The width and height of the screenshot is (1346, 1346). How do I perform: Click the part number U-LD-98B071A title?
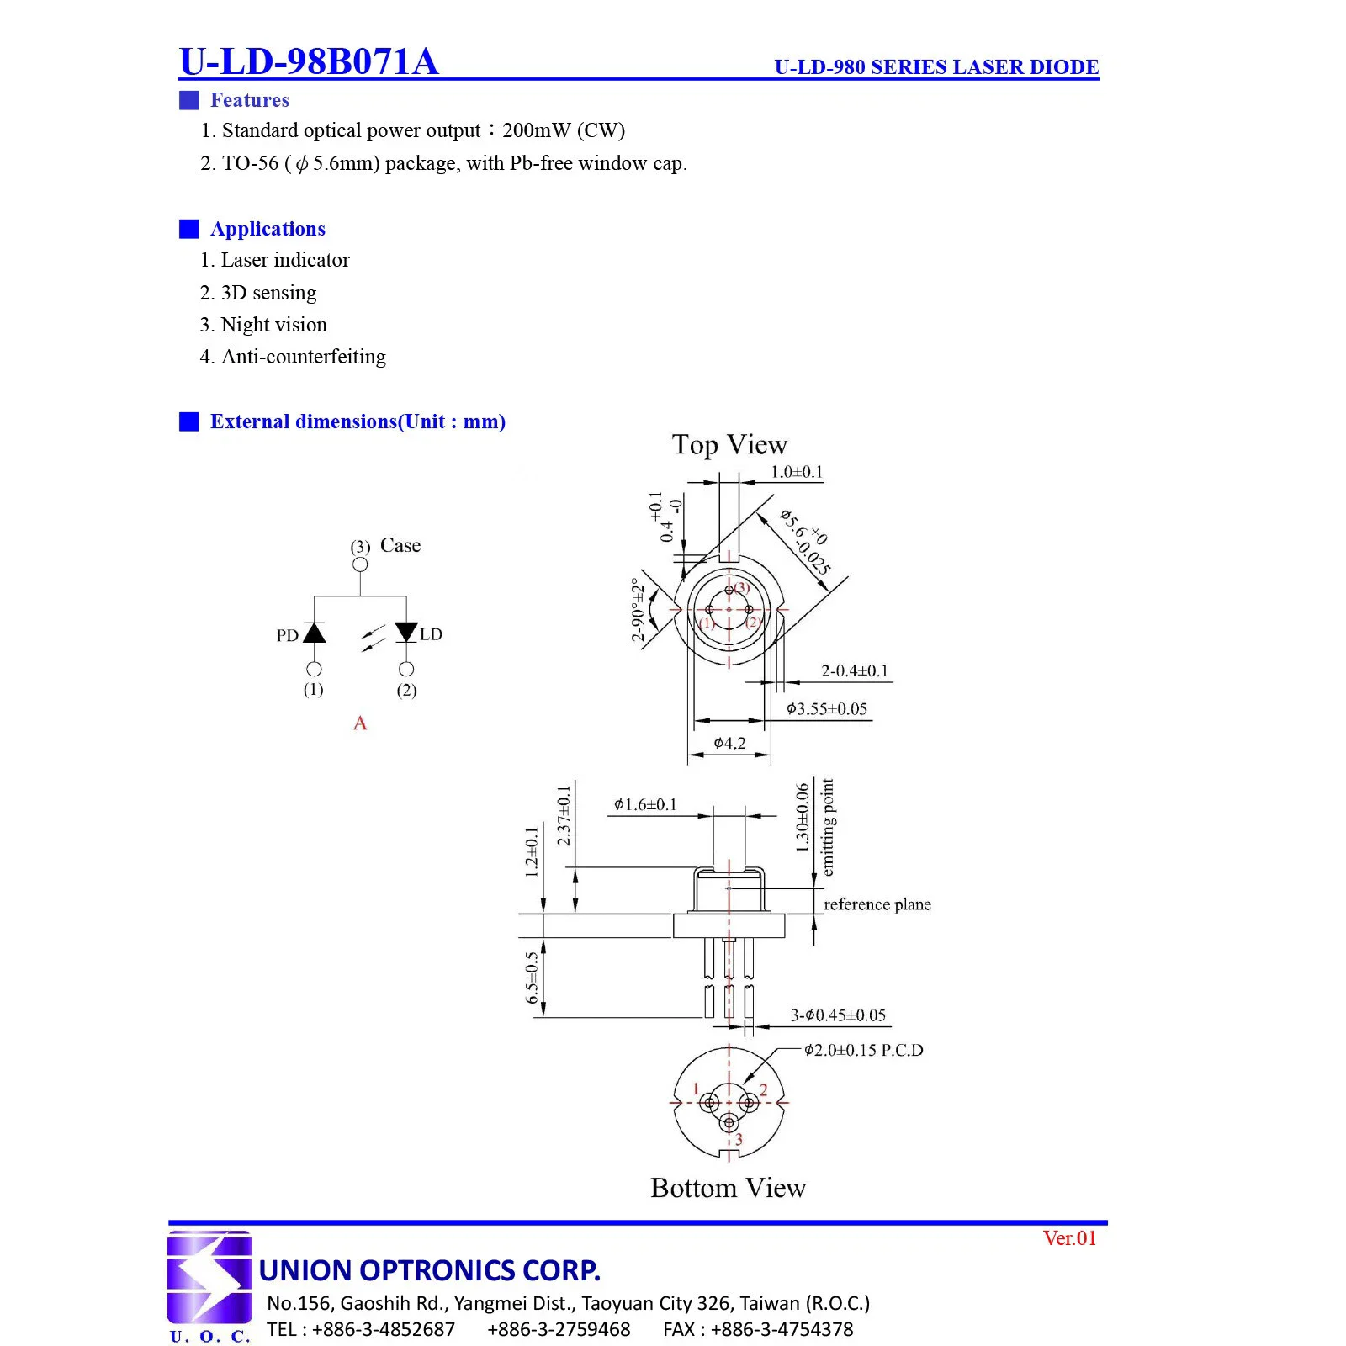[309, 61]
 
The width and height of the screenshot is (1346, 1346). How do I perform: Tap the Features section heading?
[249, 100]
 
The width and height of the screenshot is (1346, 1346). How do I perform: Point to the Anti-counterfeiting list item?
[293, 357]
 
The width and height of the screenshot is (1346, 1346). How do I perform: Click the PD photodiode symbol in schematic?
[314, 633]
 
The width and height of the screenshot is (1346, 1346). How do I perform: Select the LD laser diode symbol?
[406, 632]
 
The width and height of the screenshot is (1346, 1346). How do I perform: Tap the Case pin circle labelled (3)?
[360, 564]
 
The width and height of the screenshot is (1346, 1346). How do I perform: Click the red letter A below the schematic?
[360, 723]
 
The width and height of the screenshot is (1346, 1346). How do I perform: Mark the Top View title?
[729, 444]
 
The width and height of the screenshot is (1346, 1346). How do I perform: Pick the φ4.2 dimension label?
[729, 743]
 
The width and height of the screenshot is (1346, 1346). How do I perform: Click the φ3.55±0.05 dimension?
[826, 709]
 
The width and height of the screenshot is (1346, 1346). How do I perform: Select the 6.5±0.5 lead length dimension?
[532, 978]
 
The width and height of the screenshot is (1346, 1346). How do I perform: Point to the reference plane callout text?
[877, 904]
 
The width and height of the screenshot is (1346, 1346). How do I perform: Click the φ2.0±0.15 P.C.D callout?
[863, 1050]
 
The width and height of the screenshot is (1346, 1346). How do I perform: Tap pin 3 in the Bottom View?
[729, 1123]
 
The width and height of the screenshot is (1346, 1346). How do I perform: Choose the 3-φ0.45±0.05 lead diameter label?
[838, 1015]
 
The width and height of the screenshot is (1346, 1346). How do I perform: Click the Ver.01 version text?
[1069, 1238]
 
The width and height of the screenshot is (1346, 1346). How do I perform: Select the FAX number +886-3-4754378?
[758, 1329]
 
